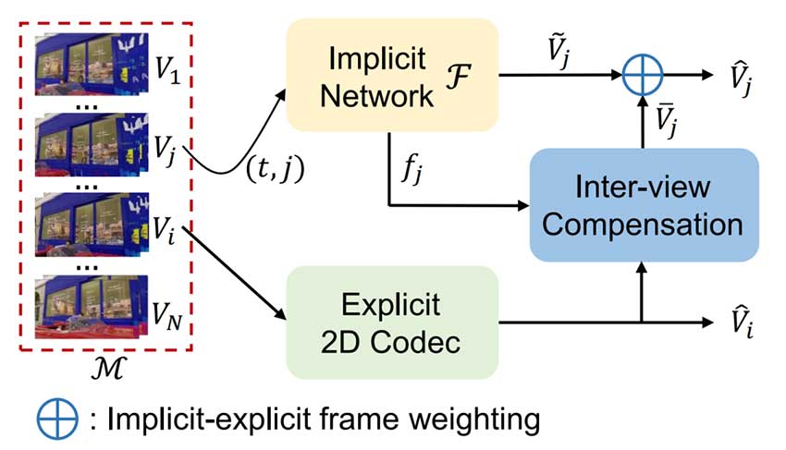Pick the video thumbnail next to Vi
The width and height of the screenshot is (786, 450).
pyautogui.click(x=91, y=225)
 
